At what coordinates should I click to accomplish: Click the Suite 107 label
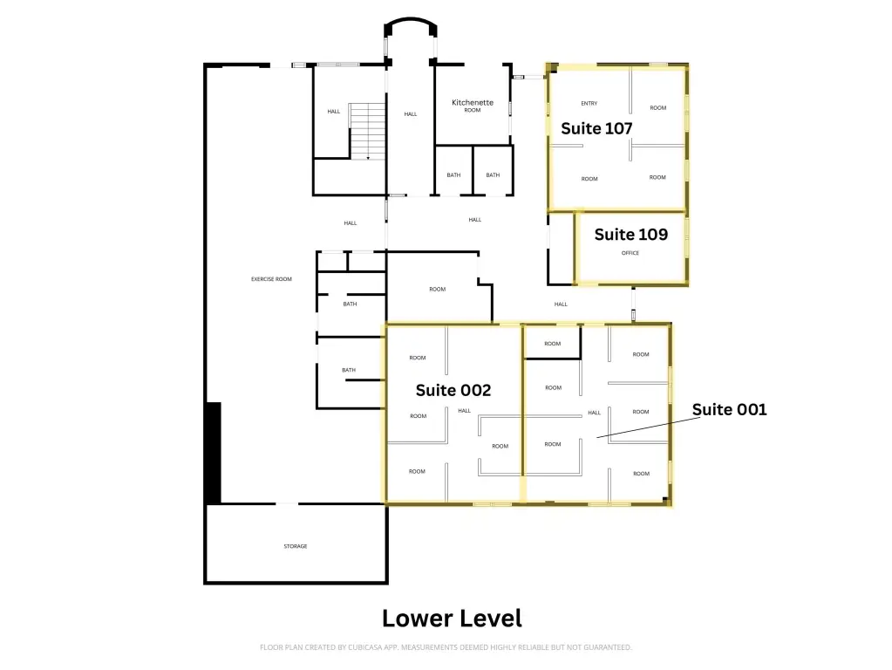596,128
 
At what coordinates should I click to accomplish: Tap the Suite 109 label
631,235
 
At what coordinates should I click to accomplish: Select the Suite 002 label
453,391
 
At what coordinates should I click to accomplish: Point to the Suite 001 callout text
729,410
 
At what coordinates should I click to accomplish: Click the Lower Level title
452,619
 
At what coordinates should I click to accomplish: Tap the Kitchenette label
473,102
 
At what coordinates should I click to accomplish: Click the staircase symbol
367,132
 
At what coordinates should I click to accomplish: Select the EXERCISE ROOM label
271,279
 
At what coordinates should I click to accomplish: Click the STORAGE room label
296,546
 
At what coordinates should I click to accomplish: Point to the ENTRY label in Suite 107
589,104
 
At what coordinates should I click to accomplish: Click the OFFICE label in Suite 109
630,253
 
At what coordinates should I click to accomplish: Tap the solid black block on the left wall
214,453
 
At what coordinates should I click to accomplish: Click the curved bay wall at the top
411,22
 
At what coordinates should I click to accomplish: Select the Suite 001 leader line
649,427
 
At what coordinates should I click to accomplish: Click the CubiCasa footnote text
446,647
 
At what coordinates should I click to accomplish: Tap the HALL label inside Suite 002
464,411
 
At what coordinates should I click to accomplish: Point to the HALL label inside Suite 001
594,414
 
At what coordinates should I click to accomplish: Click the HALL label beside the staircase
333,112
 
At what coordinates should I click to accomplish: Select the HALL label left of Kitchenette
410,114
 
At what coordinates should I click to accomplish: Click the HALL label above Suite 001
561,304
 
